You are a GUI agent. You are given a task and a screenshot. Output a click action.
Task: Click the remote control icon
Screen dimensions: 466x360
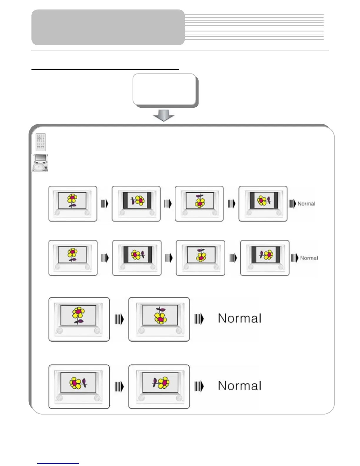pos(41,142)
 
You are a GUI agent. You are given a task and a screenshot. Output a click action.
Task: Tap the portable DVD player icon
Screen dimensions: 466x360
pos(40,163)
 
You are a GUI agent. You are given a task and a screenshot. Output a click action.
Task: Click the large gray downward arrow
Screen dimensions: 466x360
pos(164,115)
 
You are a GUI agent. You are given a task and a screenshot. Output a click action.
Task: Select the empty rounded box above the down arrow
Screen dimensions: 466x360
pos(164,89)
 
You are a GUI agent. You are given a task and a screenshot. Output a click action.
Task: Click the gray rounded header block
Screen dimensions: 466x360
pos(108,27)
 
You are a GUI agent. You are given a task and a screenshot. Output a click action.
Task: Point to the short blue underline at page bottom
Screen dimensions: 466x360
pos(58,463)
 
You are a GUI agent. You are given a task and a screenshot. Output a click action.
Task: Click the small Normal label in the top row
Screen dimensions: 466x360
pos(306,204)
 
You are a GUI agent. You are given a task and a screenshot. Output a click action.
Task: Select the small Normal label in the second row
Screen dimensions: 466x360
pos(309,258)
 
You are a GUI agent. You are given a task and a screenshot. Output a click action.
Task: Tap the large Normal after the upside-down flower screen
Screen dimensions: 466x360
pos(239,318)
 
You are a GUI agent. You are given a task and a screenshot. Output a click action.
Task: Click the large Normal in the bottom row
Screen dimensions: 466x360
pos(239,386)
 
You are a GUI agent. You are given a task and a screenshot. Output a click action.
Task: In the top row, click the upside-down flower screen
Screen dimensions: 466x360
pos(199,204)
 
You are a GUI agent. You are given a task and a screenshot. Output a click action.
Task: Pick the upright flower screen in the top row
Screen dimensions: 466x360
pos(73,204)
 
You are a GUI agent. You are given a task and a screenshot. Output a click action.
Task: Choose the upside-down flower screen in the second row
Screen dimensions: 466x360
pos(201,258)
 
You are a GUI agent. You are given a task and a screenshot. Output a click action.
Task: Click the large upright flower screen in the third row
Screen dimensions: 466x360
pos(79,319)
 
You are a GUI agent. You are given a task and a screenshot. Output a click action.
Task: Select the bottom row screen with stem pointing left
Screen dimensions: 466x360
pos(159,387)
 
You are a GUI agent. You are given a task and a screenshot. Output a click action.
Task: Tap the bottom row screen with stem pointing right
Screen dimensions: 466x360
pos(79,387)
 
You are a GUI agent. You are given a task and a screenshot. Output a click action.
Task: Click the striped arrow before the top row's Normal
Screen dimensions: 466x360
pos(292,204)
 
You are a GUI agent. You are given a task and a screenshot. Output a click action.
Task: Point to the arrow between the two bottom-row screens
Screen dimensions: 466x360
pos(119,387)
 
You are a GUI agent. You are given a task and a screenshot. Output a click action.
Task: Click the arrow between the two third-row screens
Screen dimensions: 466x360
pos(119,319)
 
